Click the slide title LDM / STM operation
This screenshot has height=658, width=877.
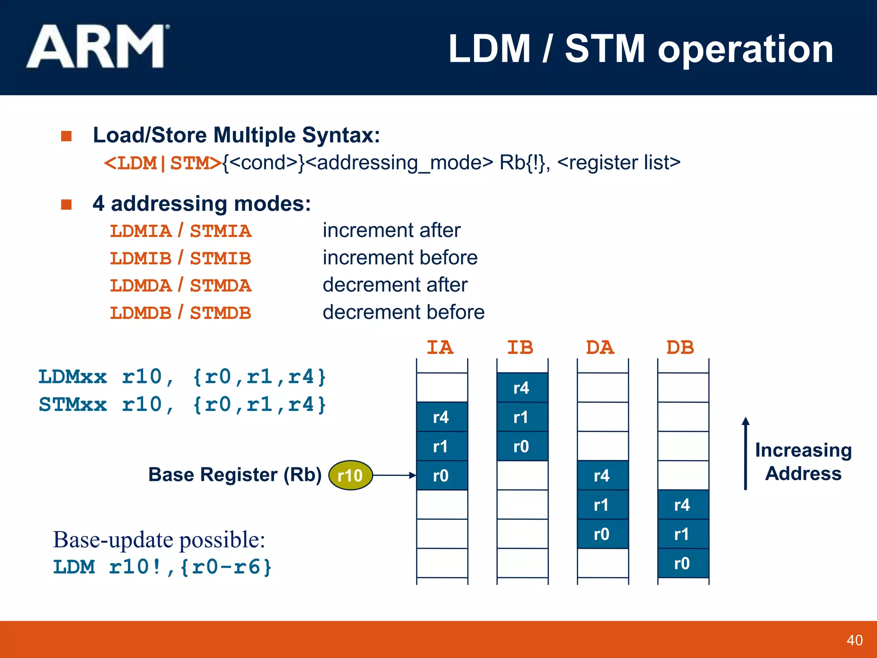click(640, 49)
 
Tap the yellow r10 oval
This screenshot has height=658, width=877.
click(350, 475)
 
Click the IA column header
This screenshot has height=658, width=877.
click(440, 347)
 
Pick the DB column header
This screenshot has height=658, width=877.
click(680, 347)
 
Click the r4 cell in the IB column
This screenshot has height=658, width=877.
click(522, 388)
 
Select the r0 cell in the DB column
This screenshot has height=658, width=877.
click(683, 563)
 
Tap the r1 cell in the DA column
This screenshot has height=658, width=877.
click(602, 505)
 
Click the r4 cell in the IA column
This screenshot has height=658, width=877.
click(441, 417)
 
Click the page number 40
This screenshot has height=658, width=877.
click(854, 640)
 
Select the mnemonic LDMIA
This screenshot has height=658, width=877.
click(140, 231)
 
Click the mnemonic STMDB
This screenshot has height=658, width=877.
click(221, 313)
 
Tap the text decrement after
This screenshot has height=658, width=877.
click(395, 285)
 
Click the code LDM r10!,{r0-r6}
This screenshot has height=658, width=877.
click(162, 567)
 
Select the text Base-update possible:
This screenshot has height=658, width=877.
click(159, 539)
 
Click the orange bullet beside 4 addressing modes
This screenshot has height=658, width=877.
click(66, 204)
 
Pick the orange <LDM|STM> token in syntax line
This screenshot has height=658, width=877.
click(163, 163)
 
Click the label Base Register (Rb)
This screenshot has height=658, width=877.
click(235, 475)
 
